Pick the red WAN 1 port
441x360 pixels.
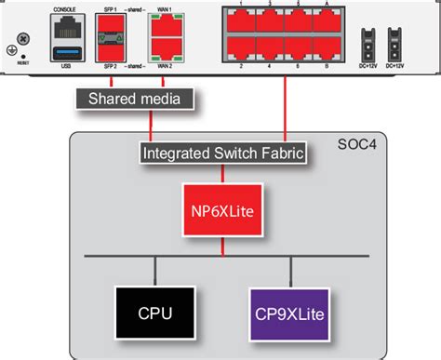point(166,29)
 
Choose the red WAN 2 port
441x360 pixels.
point(166,53)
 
